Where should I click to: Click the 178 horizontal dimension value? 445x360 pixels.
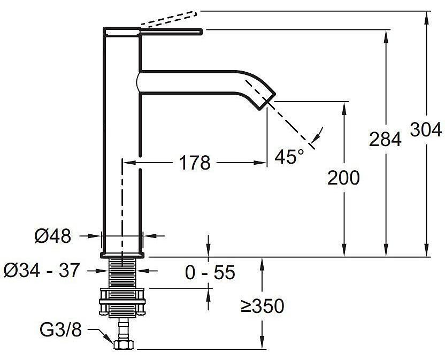[x=195, y=163]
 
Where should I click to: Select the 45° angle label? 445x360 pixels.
[x=289, y=157]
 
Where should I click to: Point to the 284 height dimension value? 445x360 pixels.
[x=385, y=140]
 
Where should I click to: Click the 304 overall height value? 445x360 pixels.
[x=426, y=129]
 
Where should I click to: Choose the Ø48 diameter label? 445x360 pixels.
[x=52, y=236]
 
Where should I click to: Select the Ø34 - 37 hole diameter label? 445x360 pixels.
[x=41, y=270]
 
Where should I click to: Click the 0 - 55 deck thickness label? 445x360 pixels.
[x=210, y=273]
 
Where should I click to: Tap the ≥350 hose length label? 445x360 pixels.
[x=262, y=307]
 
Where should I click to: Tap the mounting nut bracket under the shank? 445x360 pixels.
[x=122, y=303]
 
